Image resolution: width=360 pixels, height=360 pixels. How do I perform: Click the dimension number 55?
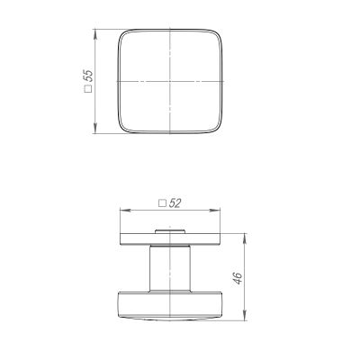[89, 76]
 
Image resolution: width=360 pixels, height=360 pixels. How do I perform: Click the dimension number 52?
[175, 203]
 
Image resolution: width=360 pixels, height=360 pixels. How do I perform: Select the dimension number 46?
[238, 278]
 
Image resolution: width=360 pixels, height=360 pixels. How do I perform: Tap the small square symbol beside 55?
[88, 89]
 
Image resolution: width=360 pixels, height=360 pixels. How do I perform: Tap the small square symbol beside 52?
[162, 203]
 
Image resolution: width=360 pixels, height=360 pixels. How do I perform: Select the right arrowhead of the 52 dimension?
[216, 211]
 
